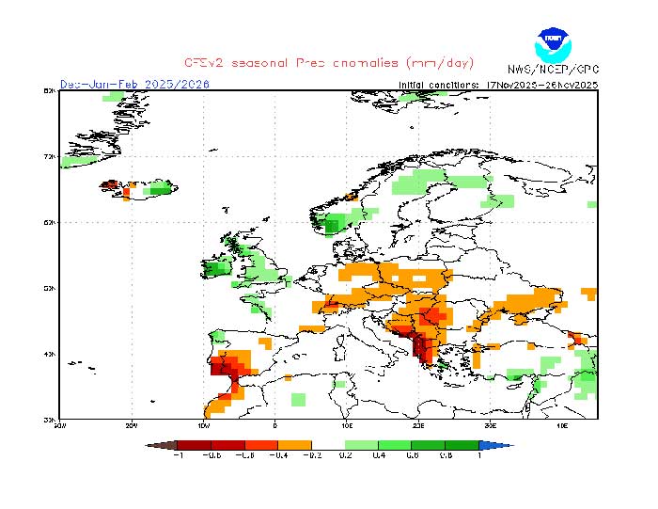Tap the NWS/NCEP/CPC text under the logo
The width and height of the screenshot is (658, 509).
click(553, 70)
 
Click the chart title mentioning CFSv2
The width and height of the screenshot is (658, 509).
click(329, 62)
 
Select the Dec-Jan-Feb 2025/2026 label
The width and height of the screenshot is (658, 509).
click(134, 84)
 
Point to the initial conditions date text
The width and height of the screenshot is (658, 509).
click(498, 84)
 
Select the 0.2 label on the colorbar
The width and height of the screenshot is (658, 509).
click(345, 456)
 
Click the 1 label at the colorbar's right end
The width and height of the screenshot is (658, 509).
click(479, 456)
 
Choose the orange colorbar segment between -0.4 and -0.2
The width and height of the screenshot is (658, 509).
click(294, 445)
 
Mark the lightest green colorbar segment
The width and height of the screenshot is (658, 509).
click(362, 445)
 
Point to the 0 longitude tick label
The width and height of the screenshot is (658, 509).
click(274, 424)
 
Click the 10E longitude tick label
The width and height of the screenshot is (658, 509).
click(346, 424)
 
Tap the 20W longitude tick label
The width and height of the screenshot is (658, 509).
click(132, 424)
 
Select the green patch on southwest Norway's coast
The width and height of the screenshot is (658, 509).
click(333, 224)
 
